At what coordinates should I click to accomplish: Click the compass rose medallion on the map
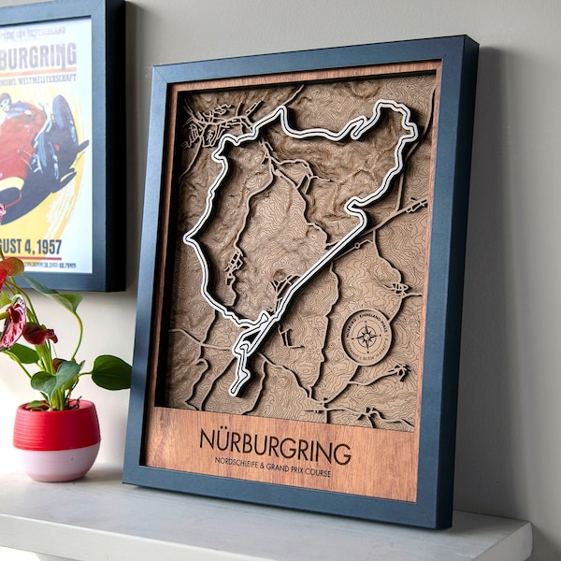point(367,337)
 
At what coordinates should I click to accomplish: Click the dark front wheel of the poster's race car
point(65,126)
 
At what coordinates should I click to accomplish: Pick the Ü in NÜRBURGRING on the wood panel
point(224,439)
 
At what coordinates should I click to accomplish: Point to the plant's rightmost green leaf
point(111,372)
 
